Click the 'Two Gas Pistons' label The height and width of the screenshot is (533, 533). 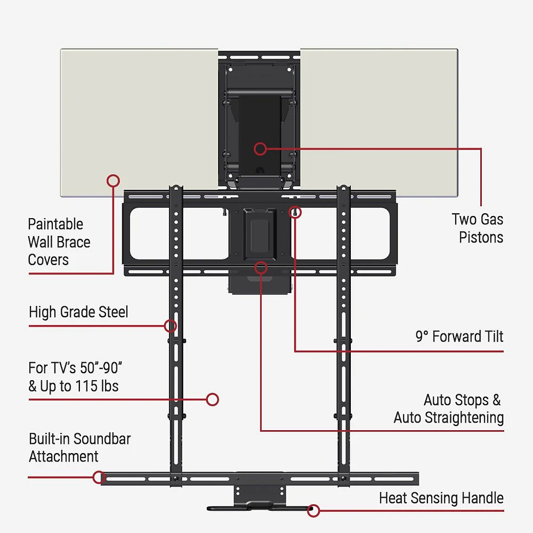coord(478,228)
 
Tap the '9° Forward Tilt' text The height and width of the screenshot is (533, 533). coord(459,337)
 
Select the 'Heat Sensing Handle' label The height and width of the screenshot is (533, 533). coord(441,498)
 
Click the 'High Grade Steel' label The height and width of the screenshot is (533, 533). coord(78,312)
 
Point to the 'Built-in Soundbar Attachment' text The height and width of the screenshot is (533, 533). coord(80,447)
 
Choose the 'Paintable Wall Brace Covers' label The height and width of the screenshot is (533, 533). coord(59,241)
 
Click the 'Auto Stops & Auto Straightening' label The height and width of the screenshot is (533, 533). coord(449,408)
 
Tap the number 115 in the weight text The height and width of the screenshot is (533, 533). coord(86,386)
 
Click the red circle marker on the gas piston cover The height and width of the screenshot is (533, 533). coord(261,148)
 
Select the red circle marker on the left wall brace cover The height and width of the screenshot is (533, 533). coord(113,181)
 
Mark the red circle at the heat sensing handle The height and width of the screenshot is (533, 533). coord(313,511)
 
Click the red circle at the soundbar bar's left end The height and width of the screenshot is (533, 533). coord(99,478)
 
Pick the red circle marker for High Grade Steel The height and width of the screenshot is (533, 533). coord(170,326)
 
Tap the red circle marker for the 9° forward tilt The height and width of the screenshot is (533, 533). coord(295,212)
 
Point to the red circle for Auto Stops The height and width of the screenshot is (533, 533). coord(261,268)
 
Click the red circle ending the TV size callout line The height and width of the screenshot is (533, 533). coord(213,399)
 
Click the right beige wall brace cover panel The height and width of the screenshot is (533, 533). coord(379,123)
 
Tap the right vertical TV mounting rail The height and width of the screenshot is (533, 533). coord(343,336)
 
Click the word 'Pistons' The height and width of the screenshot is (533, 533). coord(481,237)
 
